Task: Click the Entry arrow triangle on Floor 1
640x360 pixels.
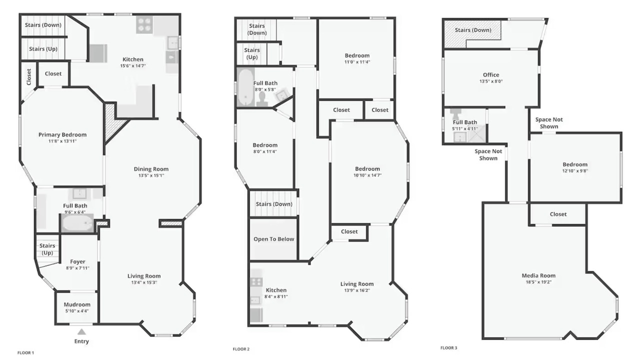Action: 81,331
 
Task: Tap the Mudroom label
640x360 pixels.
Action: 77,304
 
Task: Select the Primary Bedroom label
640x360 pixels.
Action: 62,135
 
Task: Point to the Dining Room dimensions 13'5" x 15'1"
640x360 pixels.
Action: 151,175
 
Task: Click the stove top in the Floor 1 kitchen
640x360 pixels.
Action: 144,24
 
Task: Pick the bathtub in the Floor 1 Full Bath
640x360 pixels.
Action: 77,222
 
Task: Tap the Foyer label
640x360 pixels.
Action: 77,261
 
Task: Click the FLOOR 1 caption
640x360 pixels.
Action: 25,353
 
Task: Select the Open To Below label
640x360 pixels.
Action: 273,239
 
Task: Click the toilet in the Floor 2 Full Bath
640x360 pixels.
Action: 261,99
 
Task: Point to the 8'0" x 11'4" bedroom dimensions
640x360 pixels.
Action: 265,151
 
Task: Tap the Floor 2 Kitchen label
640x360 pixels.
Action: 276,290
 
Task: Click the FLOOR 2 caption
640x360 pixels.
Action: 241,349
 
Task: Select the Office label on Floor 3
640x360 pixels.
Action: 491,75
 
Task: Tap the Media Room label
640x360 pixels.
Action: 538,275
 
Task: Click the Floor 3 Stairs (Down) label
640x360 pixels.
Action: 473,30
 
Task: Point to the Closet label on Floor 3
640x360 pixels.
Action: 558,214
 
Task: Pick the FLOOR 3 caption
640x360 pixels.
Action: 449,348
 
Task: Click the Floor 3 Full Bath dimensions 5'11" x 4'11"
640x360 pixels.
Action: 465,129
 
